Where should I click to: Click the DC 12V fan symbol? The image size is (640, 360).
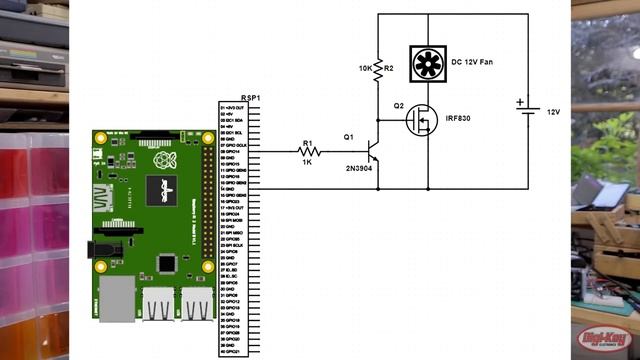(428, 63)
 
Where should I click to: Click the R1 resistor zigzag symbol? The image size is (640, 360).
(309, 152)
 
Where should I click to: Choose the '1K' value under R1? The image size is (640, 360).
(308, 163)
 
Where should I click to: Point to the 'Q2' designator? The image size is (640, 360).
(398, 105)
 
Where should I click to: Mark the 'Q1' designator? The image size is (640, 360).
(348, 137)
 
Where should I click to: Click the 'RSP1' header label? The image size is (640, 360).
(251, 97)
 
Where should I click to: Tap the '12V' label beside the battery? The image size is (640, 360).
(554, 112)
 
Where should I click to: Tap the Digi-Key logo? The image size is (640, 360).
(599, 341)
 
